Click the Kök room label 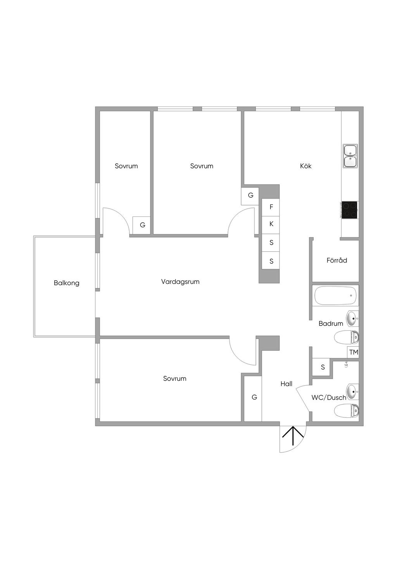click(x=306, y=166)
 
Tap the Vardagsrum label click(x=180, y=282)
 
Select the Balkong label click(x=67, y=283)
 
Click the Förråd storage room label click(x=337, y=261)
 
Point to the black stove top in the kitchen click(x=349, y=210)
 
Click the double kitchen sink click(x=350, y=156)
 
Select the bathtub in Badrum click(x=335, y=296)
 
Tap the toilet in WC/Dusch click(x=347, y=411)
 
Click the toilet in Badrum click(x=347, y=338)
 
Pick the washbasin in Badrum click(x=352, y=319)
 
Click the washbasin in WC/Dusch click(x=352, y=392)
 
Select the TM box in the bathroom click(x=353, y=352)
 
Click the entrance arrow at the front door click(x=293, y=437)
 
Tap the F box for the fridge click(x=271, y=207)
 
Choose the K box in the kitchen click(x=271, y=224)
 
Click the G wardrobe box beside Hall click(x=254, y=398)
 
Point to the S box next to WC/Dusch click(x=323, y=367)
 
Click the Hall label click(x=287, y=384)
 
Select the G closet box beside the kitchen click(x=250, y=196)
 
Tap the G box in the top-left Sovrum click(x=142, y=225)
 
